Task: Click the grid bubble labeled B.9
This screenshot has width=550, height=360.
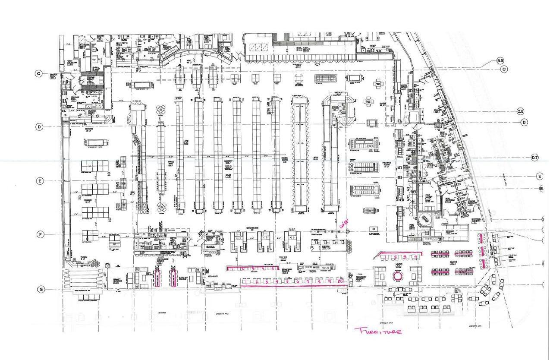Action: [500, 60]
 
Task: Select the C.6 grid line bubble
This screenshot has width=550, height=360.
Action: [520, 111]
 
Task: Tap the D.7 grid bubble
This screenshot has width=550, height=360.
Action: [535, 158]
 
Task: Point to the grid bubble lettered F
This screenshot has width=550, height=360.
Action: [41, 234]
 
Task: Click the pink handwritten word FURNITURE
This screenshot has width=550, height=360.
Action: [378, 331]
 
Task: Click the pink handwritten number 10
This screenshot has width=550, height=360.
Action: [340, 281]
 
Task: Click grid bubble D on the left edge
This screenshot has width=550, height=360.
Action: [40, 127]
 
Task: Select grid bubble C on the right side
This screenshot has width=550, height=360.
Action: [504, 69]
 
